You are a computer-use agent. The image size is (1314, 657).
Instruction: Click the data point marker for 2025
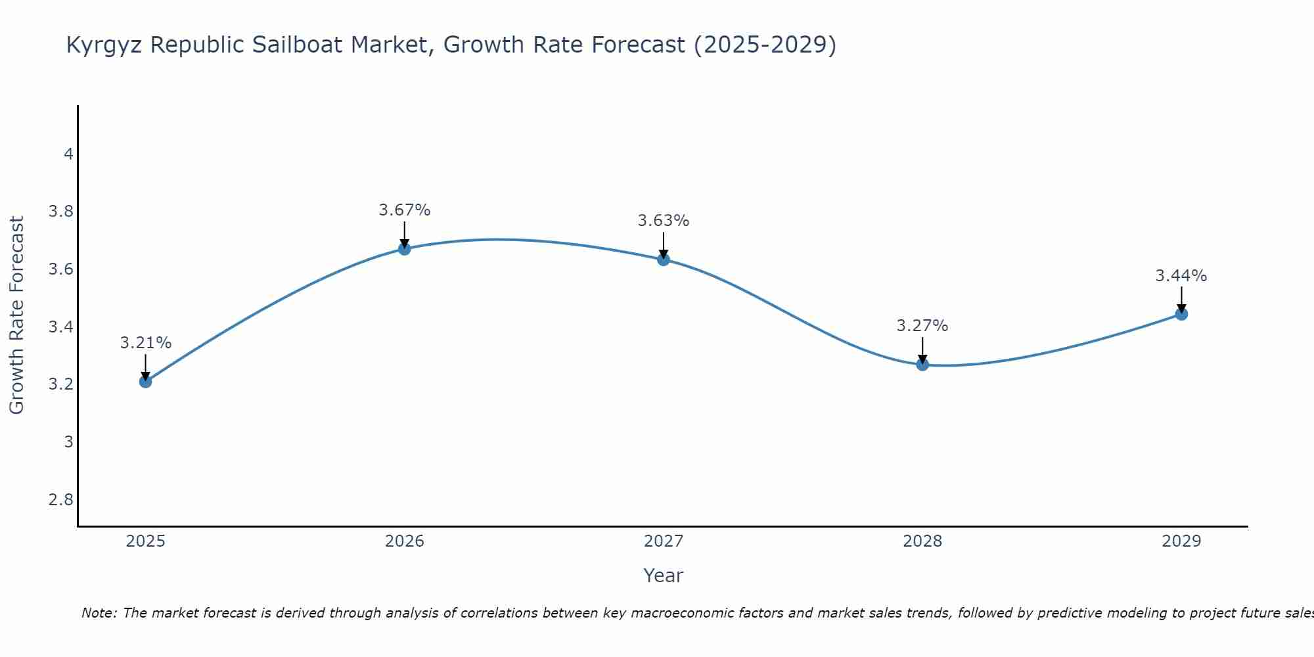(x=146, y=381)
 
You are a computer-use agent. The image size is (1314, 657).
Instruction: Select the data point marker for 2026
(x=405, y=248)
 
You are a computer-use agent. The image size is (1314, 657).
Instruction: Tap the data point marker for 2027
(x=664, y=260)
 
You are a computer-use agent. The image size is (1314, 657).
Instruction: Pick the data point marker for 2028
(x=922, y=364)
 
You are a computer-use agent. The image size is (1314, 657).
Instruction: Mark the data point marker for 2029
(x=1181, y=314)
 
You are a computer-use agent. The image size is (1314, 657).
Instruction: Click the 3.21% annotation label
(x=146, y=343)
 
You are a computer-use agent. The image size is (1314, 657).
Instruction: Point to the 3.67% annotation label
(x=405, y=210)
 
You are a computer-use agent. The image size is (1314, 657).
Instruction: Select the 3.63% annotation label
(x=664, y=221)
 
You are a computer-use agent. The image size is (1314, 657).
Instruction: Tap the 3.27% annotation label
(x=922, y=326)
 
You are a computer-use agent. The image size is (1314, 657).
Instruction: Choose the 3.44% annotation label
(x=1181, y=276)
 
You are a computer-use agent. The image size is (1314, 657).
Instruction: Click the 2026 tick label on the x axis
(x=405, y=541)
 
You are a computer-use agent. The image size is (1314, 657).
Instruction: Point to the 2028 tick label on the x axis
(x=922, y=541)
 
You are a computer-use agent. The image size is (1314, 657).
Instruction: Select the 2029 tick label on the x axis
(x=1181, y=541)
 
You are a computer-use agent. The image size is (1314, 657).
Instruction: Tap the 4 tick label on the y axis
(x=68, y=154)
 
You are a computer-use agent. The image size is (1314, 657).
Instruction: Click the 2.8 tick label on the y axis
(x=61, y=500)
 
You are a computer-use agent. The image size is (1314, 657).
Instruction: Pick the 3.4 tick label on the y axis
(x=61, y=327)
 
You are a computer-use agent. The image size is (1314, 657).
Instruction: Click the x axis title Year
(x=664, y=576)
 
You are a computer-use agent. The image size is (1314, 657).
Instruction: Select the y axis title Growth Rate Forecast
(x=17, y=315)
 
